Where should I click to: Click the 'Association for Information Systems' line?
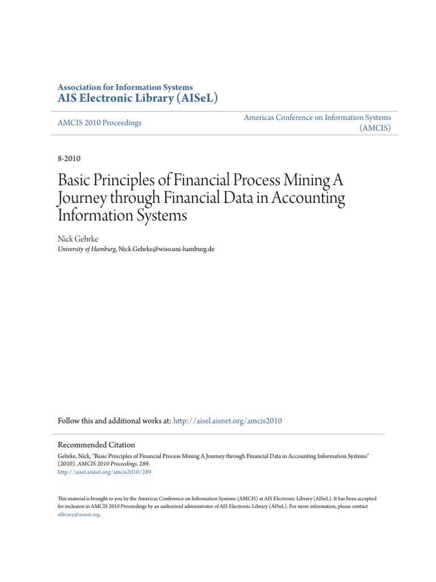[x=125, y=87]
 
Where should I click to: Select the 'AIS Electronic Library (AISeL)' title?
[x=137, y=98]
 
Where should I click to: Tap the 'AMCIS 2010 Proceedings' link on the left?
[x=99, y=123]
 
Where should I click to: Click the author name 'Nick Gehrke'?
[x=78, y=239]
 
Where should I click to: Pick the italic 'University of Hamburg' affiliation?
[x=87, y=250]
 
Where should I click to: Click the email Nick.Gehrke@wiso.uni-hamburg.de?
[x=166, y=250]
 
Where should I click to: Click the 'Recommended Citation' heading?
[x=97, y=445]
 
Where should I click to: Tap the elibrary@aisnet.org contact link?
[x=79, y=514]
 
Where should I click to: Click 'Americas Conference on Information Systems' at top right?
[x=317, y=117]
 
